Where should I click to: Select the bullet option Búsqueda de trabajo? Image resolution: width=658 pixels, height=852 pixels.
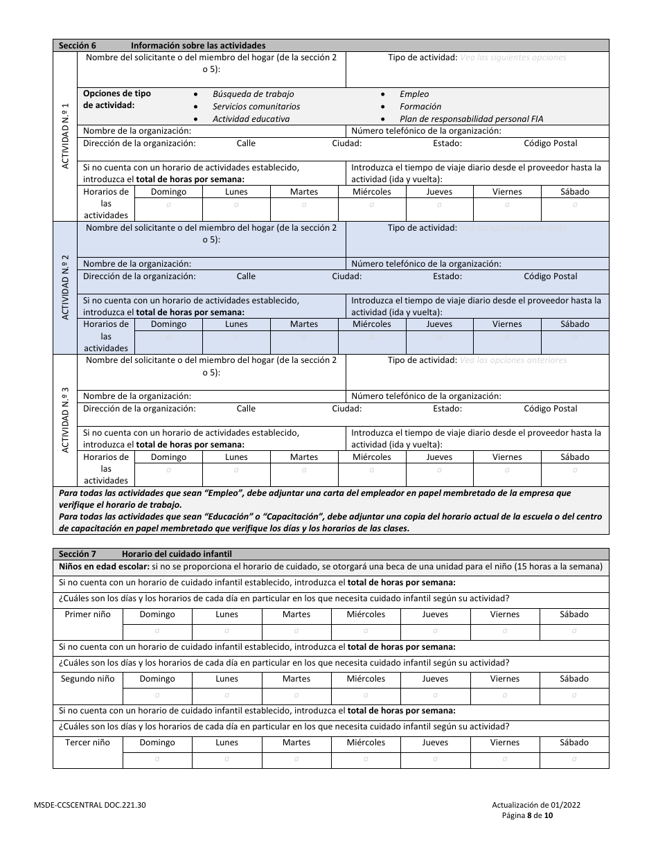(x=253, y=94)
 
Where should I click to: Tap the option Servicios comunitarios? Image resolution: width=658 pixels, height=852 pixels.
(x=256, y=107)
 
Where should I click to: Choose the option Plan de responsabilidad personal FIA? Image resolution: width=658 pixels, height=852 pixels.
(x=471, y=119)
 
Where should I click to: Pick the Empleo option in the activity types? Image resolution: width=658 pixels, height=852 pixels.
(x=414, y=94)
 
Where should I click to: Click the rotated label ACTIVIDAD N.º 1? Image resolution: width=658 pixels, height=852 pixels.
(x=65, y=136)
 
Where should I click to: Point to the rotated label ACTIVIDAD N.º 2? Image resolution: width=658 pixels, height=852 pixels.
(x=65, y=287)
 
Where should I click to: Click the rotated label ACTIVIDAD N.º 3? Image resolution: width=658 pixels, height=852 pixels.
(x=65, y=420)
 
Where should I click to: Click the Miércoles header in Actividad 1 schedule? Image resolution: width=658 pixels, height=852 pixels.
(x=371, y=192)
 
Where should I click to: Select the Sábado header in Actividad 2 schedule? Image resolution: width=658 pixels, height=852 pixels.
(x=574, y=324)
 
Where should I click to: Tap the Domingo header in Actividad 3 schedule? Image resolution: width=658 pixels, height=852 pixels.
(x=168, y=457)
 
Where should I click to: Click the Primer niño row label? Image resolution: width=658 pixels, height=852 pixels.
(x=87, y=614)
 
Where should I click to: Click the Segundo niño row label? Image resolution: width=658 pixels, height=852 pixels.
(x=87, y=679)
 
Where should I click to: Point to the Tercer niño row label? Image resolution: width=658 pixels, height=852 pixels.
(x=87, y=743)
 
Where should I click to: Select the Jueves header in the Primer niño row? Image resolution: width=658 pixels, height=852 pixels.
(x=435, y=614)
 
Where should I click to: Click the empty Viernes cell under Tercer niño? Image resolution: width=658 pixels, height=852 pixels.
(x=504, y=758)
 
